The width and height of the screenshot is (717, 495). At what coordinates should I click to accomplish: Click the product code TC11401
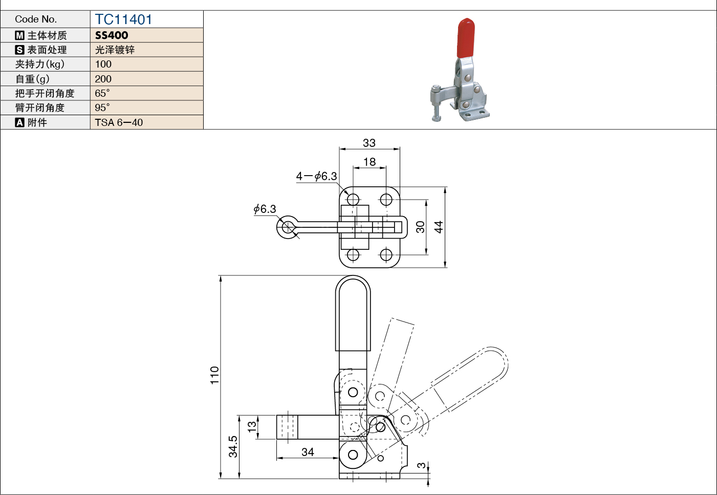123,19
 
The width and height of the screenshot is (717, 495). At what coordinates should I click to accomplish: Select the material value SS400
112,35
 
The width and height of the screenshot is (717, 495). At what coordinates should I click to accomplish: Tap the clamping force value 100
103,64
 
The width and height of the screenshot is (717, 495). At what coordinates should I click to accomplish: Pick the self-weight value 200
103,79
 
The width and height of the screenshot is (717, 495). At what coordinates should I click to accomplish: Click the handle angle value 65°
102,93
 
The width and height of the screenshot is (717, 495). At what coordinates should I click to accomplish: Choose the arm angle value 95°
102,107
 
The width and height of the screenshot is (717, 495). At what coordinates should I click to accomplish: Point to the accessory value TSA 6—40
119,122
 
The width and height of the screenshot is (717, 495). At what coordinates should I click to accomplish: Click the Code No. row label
36,19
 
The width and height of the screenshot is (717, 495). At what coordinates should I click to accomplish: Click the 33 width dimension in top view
369,143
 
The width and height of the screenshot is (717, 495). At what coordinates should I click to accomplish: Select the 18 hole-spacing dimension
369,162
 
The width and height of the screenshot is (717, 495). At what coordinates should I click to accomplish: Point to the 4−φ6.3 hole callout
316,176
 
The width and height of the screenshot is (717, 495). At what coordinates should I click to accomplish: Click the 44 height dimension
439,227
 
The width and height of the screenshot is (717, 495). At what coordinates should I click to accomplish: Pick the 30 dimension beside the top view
420,227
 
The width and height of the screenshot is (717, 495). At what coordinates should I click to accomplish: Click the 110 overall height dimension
214,375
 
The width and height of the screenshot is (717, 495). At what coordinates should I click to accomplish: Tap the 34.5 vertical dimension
233,446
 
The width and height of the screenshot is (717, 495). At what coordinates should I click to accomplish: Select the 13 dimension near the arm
252,426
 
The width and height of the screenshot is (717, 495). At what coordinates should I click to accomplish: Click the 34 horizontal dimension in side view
308,452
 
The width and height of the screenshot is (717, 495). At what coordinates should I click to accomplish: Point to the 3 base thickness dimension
421,465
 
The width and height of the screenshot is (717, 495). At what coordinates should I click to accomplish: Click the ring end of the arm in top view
288,227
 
